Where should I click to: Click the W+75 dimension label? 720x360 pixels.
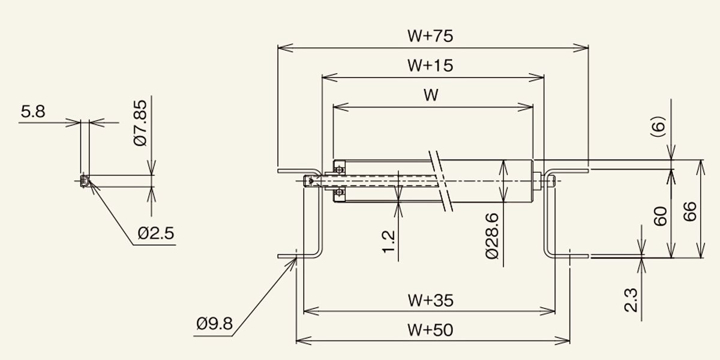point(430,36)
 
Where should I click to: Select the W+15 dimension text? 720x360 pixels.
point(430,65)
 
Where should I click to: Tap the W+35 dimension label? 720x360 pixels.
point(431,301)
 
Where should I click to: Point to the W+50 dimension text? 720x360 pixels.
point(430,330)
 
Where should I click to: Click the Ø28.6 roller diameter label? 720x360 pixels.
point(492,236)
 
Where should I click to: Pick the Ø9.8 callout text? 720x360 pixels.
point(214,323)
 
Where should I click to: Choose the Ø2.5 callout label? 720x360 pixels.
point(156,233)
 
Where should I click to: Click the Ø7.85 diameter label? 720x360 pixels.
point(140,123)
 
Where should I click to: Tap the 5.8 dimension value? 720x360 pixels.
point(33,112)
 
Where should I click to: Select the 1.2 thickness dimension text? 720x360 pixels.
point(388,242)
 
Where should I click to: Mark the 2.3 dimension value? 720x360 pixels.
point(631,300)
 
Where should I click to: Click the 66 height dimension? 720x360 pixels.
point(690,211)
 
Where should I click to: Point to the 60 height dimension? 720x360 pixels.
point(661,217)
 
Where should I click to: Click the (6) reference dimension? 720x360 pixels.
point(658,127)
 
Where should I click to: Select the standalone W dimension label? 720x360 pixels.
point(431,95)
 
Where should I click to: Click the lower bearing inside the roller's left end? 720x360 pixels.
point(340,193)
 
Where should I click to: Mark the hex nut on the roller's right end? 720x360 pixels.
point(536,181)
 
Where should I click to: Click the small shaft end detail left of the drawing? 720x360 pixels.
point(84,181)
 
